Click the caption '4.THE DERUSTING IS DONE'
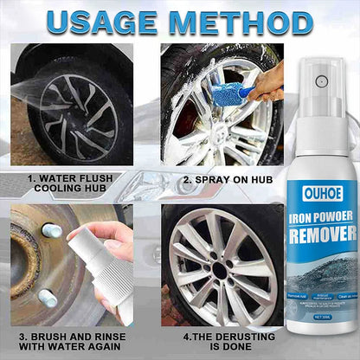pos(216,341)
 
